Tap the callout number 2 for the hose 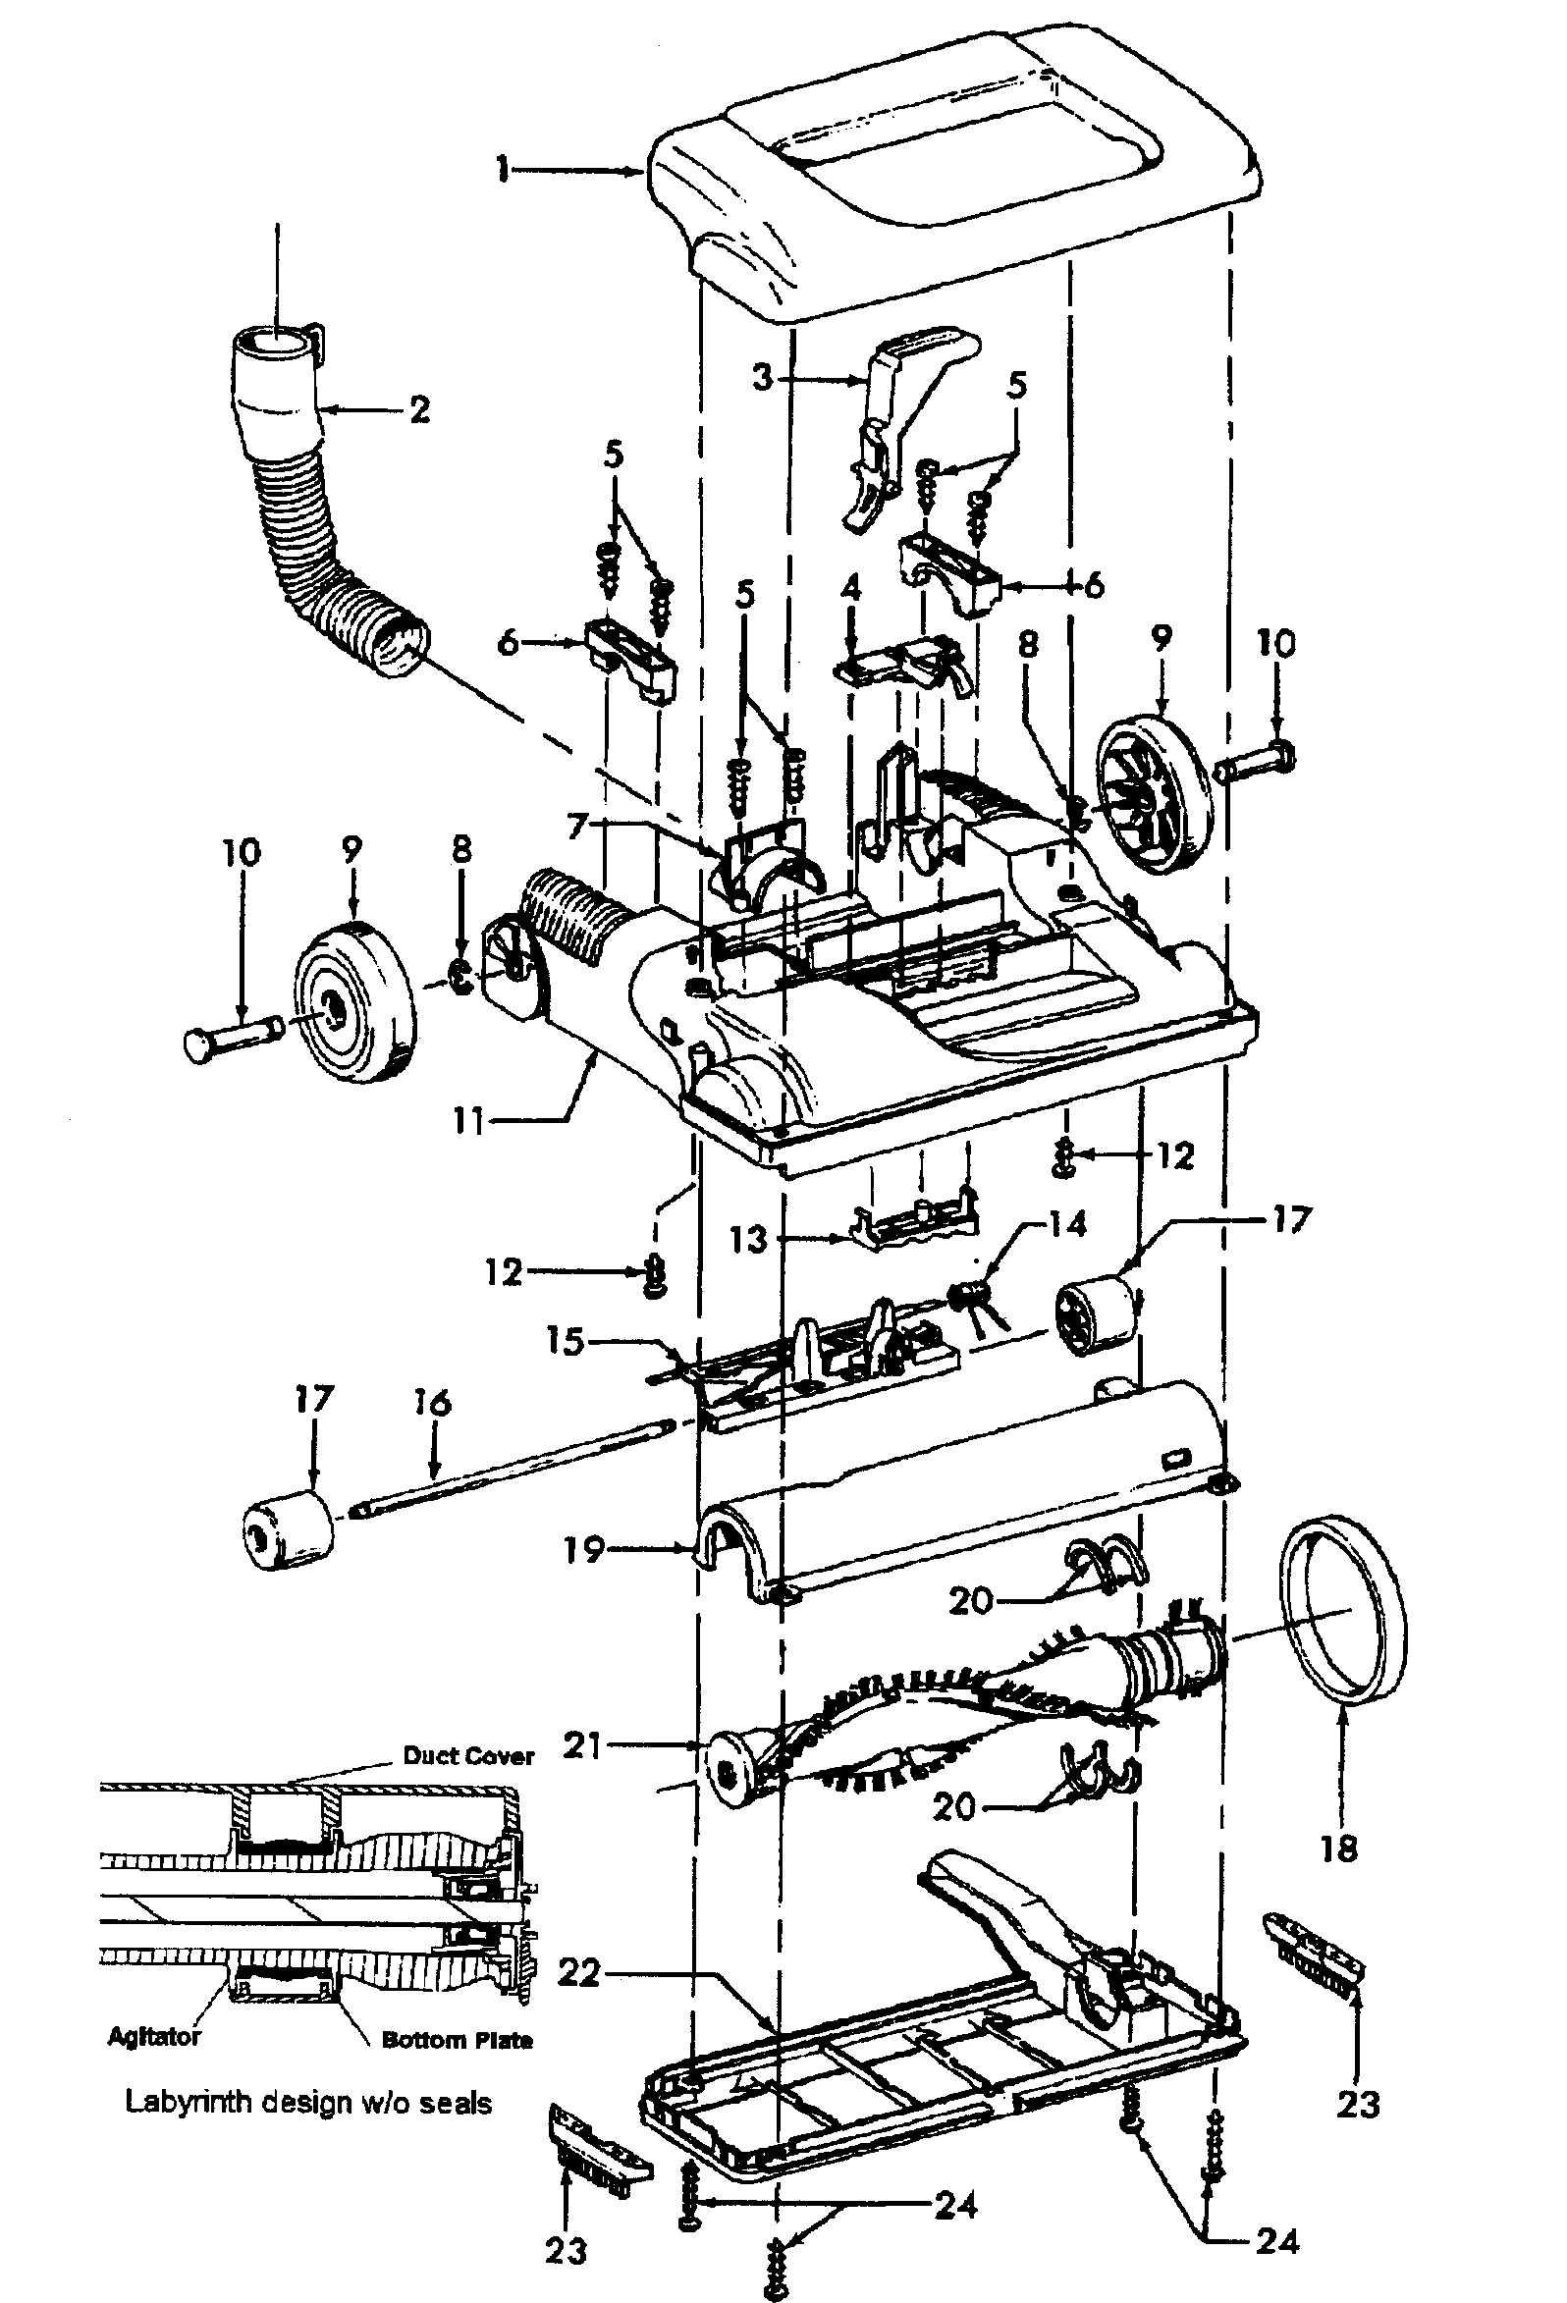(x=420, y=409)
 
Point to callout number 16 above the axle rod (x=432, y=1402)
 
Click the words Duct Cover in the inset (x=467, y=1756)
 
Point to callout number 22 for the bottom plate (x=579, y=1973)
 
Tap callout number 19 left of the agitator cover (x=584, y=1548)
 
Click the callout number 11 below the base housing (x=467, y=1122)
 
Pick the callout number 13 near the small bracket (x=749, y=1239)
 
